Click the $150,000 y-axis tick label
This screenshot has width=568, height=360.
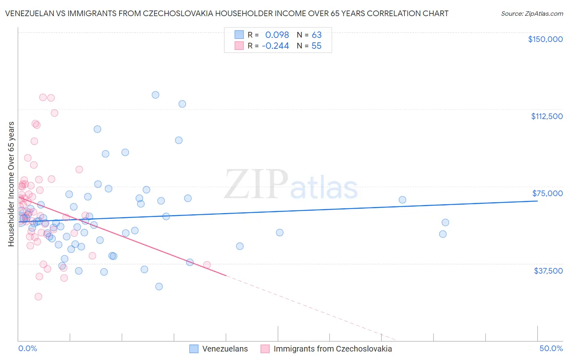coord(545,39)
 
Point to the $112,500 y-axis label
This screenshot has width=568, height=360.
coord(547,116)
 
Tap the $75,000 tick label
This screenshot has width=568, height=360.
coord(547,193)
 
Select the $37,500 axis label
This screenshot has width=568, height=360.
coord(548,271)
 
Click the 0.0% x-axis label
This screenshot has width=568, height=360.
coord(27,348)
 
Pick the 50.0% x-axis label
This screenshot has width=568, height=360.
coord(551,348)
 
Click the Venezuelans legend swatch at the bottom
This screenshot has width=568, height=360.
coord(194,349)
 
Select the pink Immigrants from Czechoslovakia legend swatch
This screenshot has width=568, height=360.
coord(265,349)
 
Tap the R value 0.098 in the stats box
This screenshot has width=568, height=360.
coord(277,35)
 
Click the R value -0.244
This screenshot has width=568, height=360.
coord(275,46)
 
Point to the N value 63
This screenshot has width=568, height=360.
coord(316,35)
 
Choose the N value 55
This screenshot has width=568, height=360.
coord(316,46)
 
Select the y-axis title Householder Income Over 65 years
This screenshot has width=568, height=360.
coord(11,184)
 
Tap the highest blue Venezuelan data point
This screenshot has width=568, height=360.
coord(156,95)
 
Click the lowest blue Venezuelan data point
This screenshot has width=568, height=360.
coord(159,287)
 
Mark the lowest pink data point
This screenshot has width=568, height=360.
coord(38,297)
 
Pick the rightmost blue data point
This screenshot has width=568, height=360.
coord(445,222)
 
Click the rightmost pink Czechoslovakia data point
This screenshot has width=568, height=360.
coord(207,265)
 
